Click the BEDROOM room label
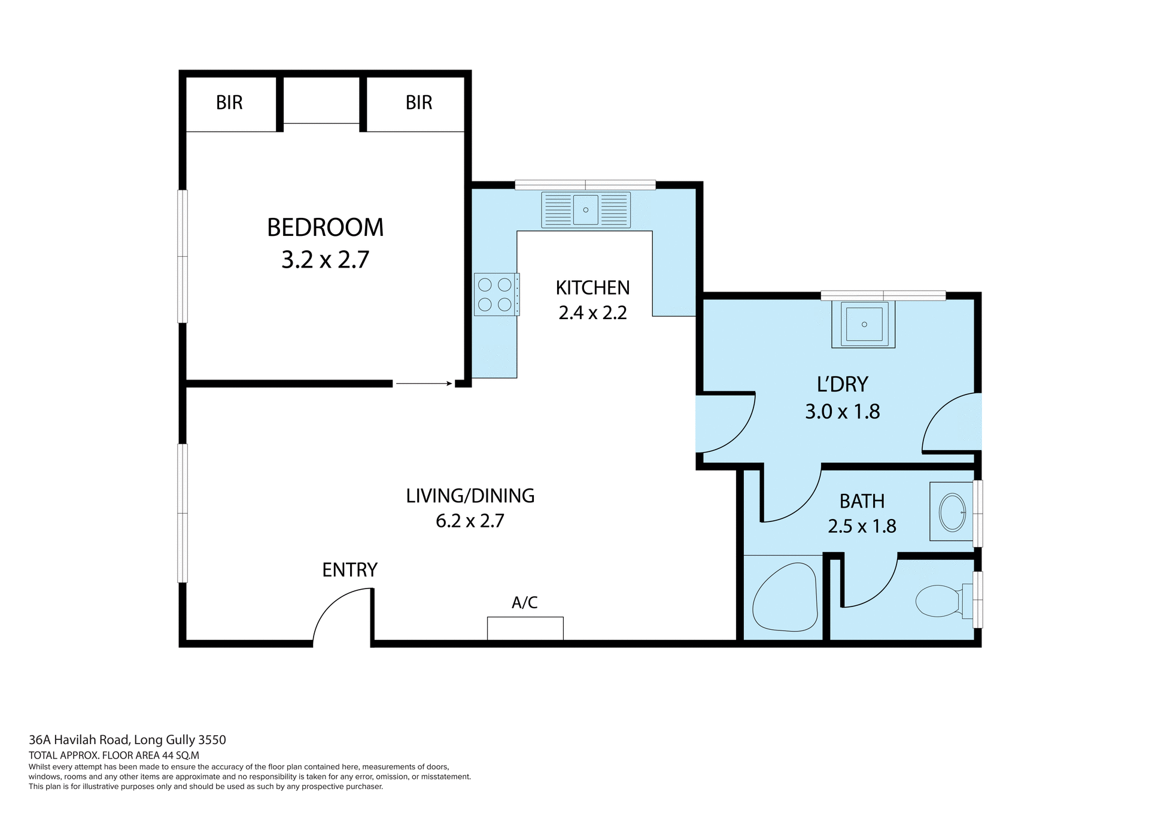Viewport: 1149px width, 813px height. [x=325, y=228]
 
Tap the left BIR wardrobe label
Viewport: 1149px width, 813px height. [x=229, y=103]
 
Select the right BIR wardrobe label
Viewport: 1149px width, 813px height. [x=418, y=103]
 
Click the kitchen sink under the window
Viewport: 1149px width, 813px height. [x=585, y=210]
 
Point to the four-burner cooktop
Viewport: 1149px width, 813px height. [x=496, y=294]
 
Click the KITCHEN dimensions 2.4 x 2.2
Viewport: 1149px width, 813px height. [x=592, y=313]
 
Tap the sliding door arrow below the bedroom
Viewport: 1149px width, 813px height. [x=424, y=383]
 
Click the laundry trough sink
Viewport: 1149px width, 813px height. [x=864, y=324]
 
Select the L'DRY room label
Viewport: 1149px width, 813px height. [x=842, y=384]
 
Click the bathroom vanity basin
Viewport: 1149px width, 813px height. [x=952, y=512]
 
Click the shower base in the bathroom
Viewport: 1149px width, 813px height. [x=784, y=597]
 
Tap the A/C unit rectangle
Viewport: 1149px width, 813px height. [x=525, y=628]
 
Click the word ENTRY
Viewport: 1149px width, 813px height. [x=349, y=570]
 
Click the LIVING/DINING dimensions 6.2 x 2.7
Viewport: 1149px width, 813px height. [x=470, y=521]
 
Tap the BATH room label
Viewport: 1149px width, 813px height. [x=862, y=501]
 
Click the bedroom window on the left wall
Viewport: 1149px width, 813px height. [x=183, y=256]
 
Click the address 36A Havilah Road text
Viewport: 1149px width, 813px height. [x=127, y=740]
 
